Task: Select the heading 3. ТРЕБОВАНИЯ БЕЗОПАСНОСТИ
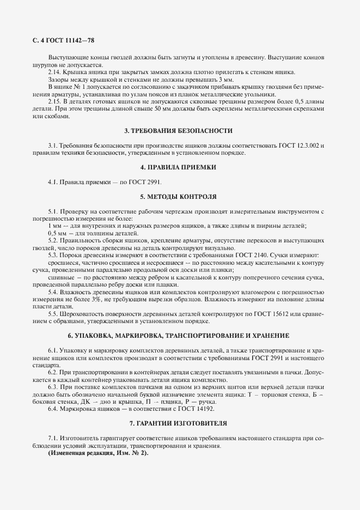pos(179,131)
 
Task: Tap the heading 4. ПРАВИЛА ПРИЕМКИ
pos(179,167)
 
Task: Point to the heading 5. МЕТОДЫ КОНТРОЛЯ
pos(179,195)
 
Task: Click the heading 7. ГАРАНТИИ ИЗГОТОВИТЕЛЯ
pos(179,423)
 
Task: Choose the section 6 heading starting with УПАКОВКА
pos(179,335)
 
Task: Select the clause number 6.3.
pos(53,386)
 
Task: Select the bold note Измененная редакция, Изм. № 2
pos(97,453)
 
